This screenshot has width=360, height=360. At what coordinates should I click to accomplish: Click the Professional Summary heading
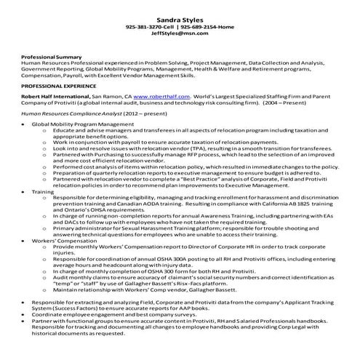[51, 57]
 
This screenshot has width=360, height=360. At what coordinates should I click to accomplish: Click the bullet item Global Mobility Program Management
[81, 124]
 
